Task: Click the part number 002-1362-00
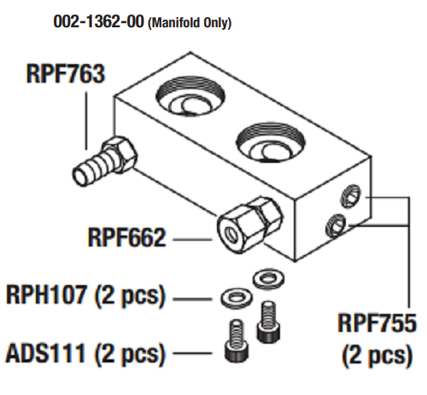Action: (98, 21)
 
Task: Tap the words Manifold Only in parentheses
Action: (190, 23)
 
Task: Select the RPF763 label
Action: (66, 73)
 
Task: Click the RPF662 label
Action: (126, 237)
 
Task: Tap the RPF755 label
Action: (377, 323)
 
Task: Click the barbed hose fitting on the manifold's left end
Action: (104, 160)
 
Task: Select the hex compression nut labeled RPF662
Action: (250, 224)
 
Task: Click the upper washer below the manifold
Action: (268, 278)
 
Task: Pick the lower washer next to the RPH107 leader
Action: (237, 298)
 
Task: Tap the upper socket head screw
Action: (268, 322)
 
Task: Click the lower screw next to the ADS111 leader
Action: (237, 340)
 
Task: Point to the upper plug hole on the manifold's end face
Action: (351, 196)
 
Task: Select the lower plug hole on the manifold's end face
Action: (336, 225)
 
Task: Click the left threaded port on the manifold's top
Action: (190, 96)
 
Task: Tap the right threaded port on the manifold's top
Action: (271, 142)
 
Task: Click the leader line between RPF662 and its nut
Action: (193, 239)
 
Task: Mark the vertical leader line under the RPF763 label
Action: (86, 120)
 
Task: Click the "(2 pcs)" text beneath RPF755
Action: (377, 356)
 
